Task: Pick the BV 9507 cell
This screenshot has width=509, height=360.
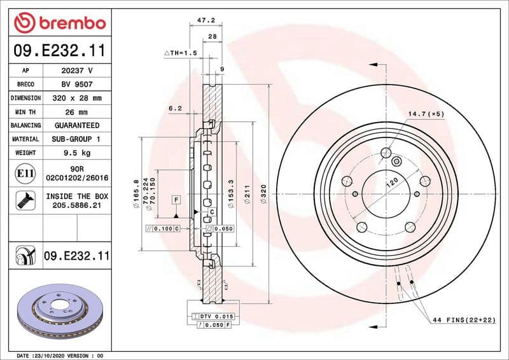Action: (77, 85)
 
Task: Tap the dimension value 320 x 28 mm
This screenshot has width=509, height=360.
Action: (77, 98)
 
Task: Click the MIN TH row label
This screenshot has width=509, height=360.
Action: (26, 112)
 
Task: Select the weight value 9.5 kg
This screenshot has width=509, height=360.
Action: (77, 153)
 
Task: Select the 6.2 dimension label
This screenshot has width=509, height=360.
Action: (175, 108)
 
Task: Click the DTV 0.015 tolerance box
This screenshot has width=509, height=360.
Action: (217, 316)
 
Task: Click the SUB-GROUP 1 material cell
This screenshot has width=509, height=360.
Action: (77, 139)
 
